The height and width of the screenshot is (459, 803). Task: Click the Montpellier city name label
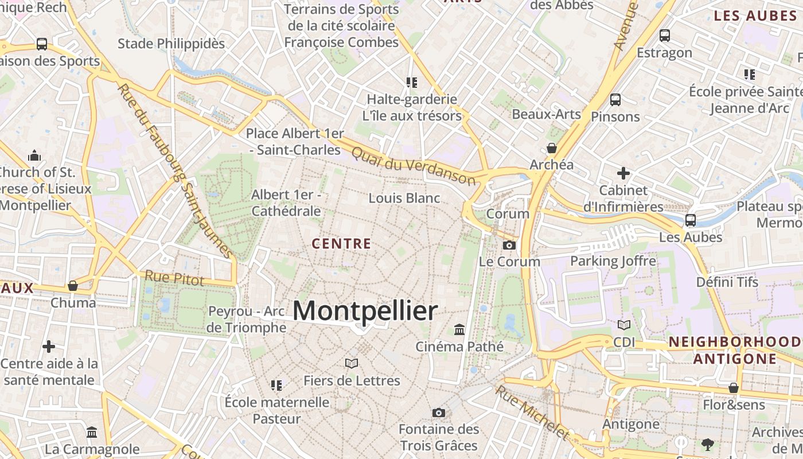365,311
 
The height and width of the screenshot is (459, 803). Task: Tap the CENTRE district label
341,244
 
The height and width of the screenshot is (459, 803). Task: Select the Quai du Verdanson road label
414,165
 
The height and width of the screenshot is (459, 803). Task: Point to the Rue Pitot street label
174,278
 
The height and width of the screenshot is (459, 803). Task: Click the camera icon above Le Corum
509,246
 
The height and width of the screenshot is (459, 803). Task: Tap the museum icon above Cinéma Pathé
459,329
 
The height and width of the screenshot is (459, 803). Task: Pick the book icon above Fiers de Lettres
352,363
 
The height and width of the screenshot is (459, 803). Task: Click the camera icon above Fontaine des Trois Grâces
439,413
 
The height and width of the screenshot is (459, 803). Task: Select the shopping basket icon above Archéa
552,148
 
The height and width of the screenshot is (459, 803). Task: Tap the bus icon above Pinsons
615,99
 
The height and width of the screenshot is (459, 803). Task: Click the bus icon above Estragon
665,36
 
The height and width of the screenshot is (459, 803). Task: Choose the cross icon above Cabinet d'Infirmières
623,173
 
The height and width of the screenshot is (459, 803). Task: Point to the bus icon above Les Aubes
691,220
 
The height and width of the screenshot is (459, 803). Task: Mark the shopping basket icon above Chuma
73,285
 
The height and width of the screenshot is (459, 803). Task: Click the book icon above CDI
624,325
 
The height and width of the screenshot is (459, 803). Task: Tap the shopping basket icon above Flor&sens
733,388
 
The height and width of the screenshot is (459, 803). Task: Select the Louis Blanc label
404,199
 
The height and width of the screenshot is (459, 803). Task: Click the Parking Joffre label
613,262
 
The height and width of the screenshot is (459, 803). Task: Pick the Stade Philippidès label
171,44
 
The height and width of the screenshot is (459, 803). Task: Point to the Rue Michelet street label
532,411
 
